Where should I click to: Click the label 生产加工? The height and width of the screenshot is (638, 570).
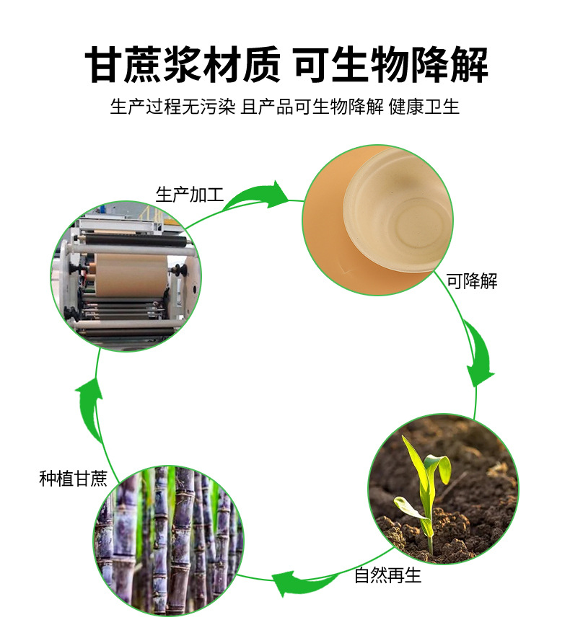tap(190, 195)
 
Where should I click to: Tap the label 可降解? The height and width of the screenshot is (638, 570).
tap(472, 281)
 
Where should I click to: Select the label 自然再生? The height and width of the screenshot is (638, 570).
tap(387, 576)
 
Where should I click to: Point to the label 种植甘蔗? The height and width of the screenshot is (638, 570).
tap(73, 479)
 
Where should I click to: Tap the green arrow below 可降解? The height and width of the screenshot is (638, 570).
tap(478, 353)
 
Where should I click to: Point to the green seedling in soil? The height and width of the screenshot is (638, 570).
tap(425, 490)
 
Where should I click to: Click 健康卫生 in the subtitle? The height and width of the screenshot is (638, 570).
tap(424, 107)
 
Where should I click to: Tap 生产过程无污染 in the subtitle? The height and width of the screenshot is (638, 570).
tap(172, 107)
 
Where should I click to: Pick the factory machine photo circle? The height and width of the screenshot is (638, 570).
tap(126, 278)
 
